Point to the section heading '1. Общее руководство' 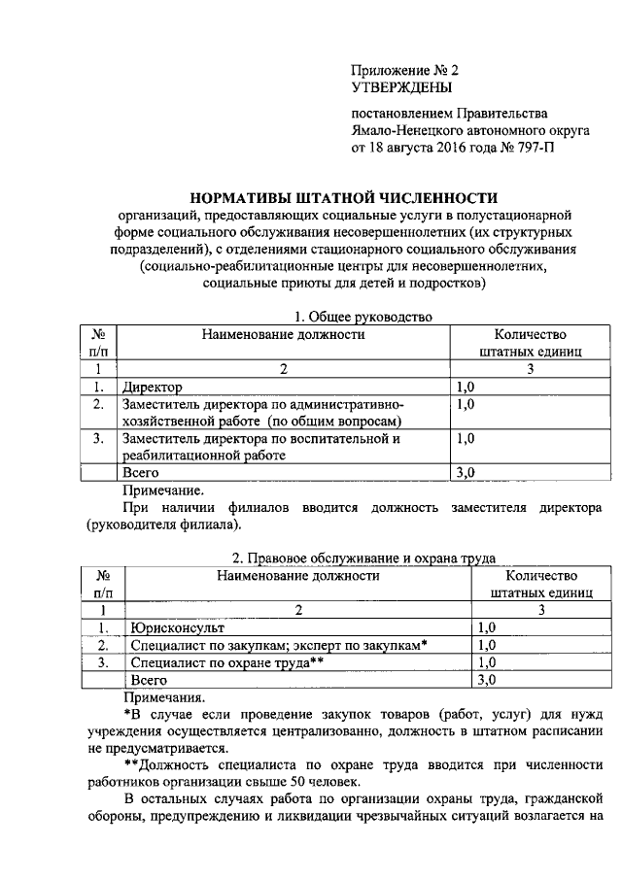click(357, 316)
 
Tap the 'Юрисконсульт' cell click(174, 626)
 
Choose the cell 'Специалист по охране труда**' click(225, 661)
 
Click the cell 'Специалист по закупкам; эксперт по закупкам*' click(279, 644)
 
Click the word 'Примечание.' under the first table click(164, 490)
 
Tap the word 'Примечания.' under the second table click(165, 696)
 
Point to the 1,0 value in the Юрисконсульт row click(488, 626)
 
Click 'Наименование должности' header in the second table click(297, 575)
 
